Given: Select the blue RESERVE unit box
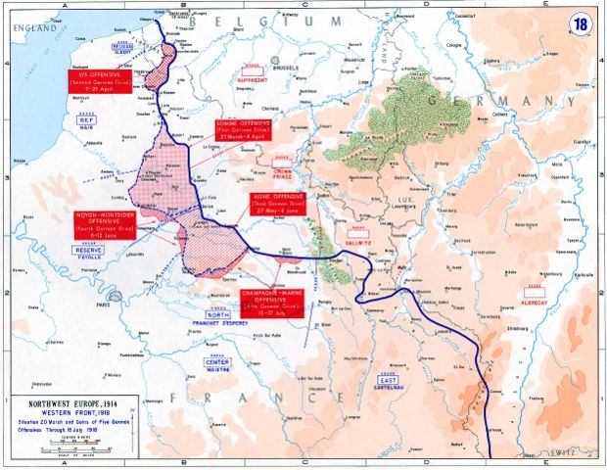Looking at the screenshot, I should click(88, 250).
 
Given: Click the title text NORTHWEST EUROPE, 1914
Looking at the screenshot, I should click(63, 403).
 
